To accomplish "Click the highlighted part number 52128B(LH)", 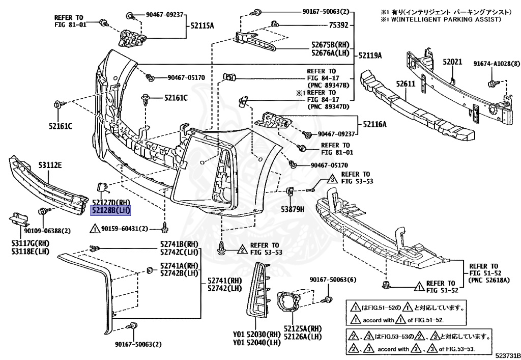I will click(x=111, y=210).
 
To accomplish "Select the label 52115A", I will click(x=202, y=25).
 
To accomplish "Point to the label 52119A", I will click(x=370, y=55).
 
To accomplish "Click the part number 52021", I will click(x=452, y=62).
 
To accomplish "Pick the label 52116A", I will click(x=375, y=124).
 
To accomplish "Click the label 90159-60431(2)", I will click(x=124, y=229).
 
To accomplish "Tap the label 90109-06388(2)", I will click(x=48, y=230).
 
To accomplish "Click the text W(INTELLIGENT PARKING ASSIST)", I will click(x=444, y=19).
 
